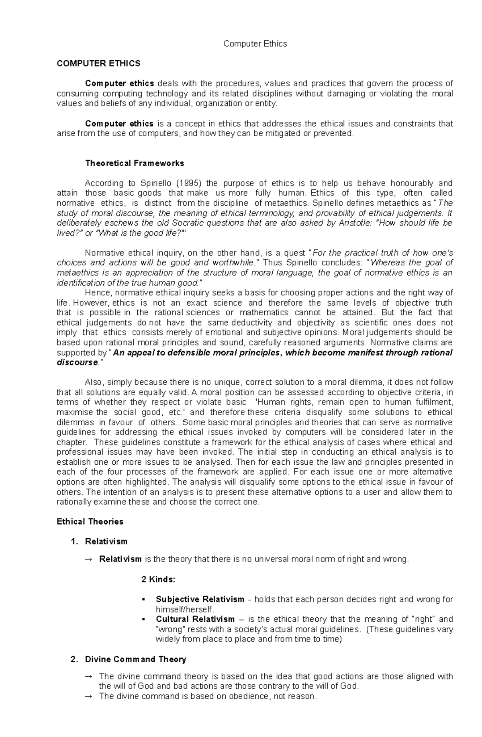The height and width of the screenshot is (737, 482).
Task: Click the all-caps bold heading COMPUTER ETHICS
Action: (x=98, y=63)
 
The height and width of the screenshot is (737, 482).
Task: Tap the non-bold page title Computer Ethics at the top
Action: (x=255, y=44)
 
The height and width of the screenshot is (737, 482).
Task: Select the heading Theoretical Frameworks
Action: (x=135, y=163)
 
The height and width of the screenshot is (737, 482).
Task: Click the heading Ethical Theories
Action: (x=90, y=522)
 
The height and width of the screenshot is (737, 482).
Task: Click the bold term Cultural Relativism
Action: (x=195, y=619)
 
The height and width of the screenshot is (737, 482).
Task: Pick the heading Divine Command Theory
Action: (x=135, y=659)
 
